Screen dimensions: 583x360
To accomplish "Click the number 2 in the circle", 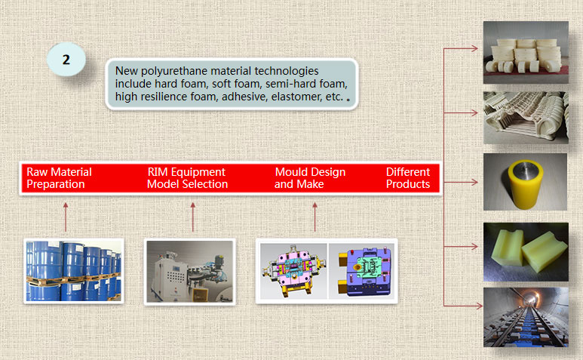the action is click(66, 60).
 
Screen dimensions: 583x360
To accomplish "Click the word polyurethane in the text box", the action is click(196, 71).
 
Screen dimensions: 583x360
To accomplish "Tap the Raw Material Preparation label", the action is click(59, 178).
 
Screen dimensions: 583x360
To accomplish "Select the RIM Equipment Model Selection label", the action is click(187, 178).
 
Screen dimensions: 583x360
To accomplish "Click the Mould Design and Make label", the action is click(310, 178).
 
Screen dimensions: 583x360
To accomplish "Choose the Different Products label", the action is click(408, 178).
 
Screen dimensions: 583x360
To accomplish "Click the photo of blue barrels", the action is click(74, 271).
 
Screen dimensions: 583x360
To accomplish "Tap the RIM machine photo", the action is click(189, 272).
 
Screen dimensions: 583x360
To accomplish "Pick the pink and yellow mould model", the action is click(293, 271).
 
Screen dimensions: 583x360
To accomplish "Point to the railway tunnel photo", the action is click(526, 317).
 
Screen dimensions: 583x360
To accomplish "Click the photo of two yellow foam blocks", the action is click(526, 252).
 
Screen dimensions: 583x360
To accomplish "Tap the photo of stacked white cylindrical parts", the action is click(526, 52).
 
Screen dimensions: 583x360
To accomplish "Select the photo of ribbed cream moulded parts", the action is click(526, 118).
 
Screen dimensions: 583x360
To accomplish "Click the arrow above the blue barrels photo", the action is click(66, 217).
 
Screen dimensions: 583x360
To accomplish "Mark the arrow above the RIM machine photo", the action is click(192, 217).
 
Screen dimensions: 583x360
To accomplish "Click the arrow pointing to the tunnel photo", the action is click(463, 306).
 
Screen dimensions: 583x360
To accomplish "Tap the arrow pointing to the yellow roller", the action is click(461, 182).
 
